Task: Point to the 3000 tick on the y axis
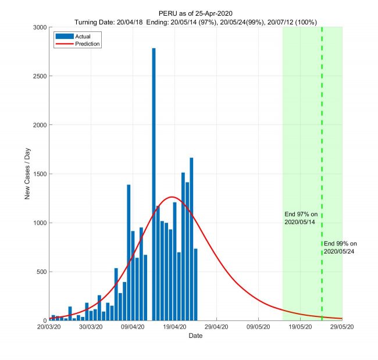(x=40, y=27)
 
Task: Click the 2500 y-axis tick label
(x=40, y=76)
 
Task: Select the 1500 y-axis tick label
(x=40, y=174)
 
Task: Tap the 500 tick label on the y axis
(x=41, y=272)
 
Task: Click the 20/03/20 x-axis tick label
(x=49, y=327)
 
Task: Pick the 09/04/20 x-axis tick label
(x=133, y=327)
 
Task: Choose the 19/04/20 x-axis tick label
(x=174, y=327)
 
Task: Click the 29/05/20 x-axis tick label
(x=342, y=327)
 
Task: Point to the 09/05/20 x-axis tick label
(x=258, y=327)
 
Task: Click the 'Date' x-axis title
(x=195, y=336)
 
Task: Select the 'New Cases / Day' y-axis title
(x=27, y=173)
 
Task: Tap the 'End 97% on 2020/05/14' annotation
(x=301, y=218)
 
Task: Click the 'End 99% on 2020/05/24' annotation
(x=340, y=247)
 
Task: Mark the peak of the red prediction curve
(x=172, y=197)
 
